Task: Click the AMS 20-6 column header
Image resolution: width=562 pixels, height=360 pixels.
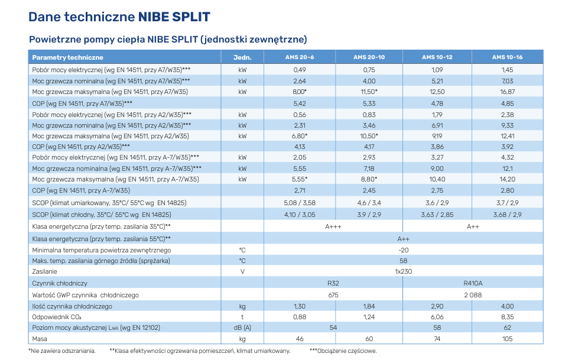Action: click(x=300, y=57)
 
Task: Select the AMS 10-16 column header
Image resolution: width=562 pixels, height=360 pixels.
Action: click(x=507, y=57)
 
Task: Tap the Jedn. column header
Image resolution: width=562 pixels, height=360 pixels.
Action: click(x=242, y=57)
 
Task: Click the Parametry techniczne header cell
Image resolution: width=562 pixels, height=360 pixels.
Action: click(x=68, y=57)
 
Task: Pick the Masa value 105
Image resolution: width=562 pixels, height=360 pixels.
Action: click(x=507, y=339)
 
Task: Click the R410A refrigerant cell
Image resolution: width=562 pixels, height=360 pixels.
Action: click(x=473, y=283)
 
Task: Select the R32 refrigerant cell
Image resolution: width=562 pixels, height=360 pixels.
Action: click(x=333, y=283)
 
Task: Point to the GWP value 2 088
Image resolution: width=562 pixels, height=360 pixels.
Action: click(x=473, y=294)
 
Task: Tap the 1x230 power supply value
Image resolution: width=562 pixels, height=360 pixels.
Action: click(x=403, y=272)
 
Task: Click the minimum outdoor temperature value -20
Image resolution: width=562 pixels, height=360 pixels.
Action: click(x=403, y=249)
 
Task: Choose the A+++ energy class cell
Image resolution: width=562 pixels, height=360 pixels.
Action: click(x=333, y=226)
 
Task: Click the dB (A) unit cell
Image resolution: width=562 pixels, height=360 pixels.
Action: click(x=242, y=327)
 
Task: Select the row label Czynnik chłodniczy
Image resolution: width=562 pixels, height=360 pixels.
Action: click(x=60, y=283)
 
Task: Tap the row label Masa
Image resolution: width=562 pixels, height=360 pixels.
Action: click(x=40, y=339)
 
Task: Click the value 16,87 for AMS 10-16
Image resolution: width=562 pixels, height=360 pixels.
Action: click(x=507, y=92)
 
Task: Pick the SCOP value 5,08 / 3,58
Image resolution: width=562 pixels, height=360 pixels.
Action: click(x=300, y=203)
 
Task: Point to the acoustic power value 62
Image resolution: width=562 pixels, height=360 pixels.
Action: click(x=507, y=327)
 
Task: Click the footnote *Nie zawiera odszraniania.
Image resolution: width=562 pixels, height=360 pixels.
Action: click(x=62, y=351)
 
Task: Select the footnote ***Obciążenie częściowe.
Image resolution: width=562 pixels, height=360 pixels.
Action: click(x=343, y=351)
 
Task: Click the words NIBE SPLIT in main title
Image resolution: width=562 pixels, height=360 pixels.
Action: click(x=174, y=17)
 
